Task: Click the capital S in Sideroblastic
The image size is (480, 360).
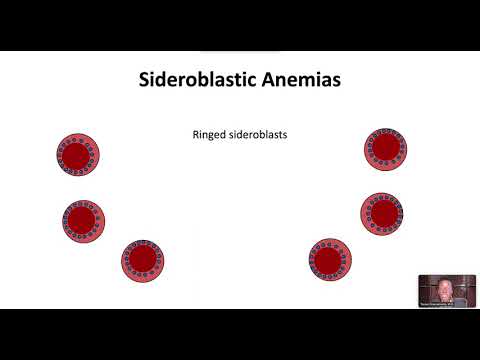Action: [144, 79]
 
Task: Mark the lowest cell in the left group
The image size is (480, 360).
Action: [142, 260]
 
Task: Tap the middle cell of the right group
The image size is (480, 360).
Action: [382, 212]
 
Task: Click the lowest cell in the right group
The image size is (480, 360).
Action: [329, 257]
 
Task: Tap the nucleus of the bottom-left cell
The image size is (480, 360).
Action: [142, 260]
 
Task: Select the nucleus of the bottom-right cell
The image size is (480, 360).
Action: [329, 257]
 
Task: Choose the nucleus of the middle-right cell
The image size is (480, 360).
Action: [382, 212]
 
